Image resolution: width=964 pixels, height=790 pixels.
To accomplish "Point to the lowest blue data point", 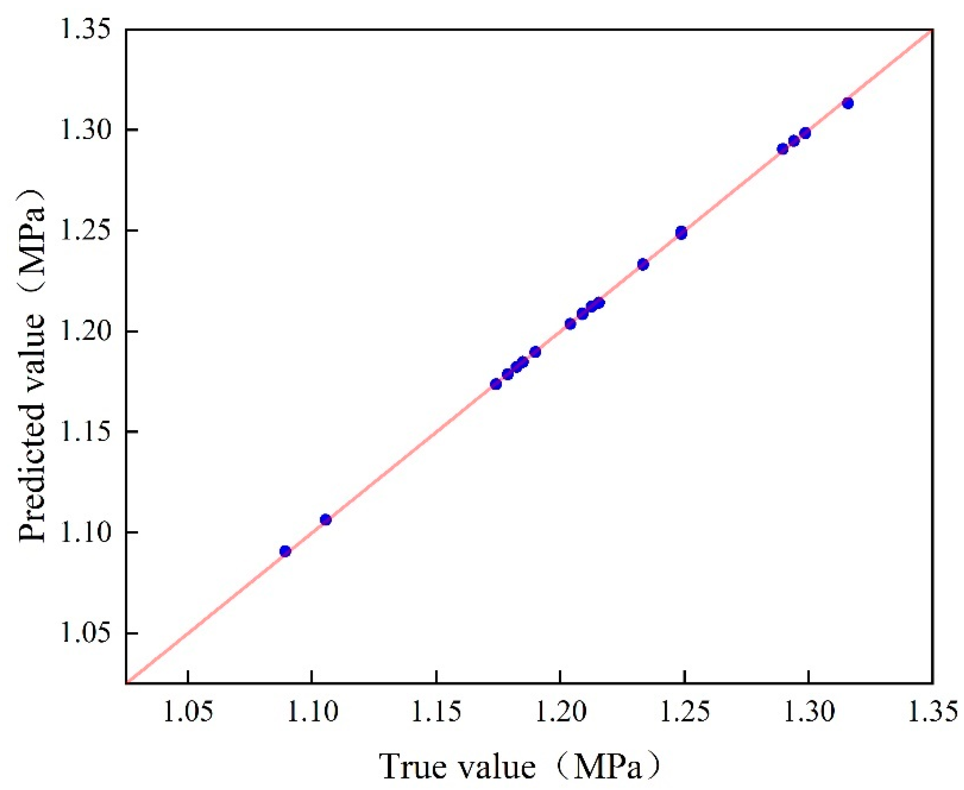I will pos(285,551).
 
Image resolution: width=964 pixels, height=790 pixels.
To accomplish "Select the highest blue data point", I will pos(848,103).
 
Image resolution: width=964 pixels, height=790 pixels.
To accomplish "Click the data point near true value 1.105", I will pos(326,520).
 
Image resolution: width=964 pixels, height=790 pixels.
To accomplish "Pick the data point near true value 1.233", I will pos(643,264).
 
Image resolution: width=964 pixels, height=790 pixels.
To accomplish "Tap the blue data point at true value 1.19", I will pos(535,352).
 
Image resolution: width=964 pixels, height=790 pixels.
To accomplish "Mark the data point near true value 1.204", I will pos(570,324).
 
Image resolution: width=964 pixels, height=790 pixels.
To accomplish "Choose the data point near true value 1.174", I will pos(496,384).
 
